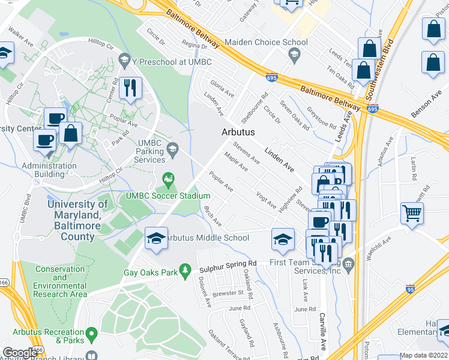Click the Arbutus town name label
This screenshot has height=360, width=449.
click(238, 132)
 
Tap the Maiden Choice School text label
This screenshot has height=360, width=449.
click(266, 42)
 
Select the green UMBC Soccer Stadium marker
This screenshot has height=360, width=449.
click(169, 179)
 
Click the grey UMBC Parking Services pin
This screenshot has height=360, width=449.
click(172, 148)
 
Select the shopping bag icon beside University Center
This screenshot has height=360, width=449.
click(71, 134)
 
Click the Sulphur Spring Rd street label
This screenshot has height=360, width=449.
click(228, 263)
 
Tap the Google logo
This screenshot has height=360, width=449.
click(20, 352)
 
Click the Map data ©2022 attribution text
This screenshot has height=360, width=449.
click(424, 355)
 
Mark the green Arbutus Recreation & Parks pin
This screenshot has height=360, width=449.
click(91, 332)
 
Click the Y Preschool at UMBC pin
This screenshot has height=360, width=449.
click(124, 59)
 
